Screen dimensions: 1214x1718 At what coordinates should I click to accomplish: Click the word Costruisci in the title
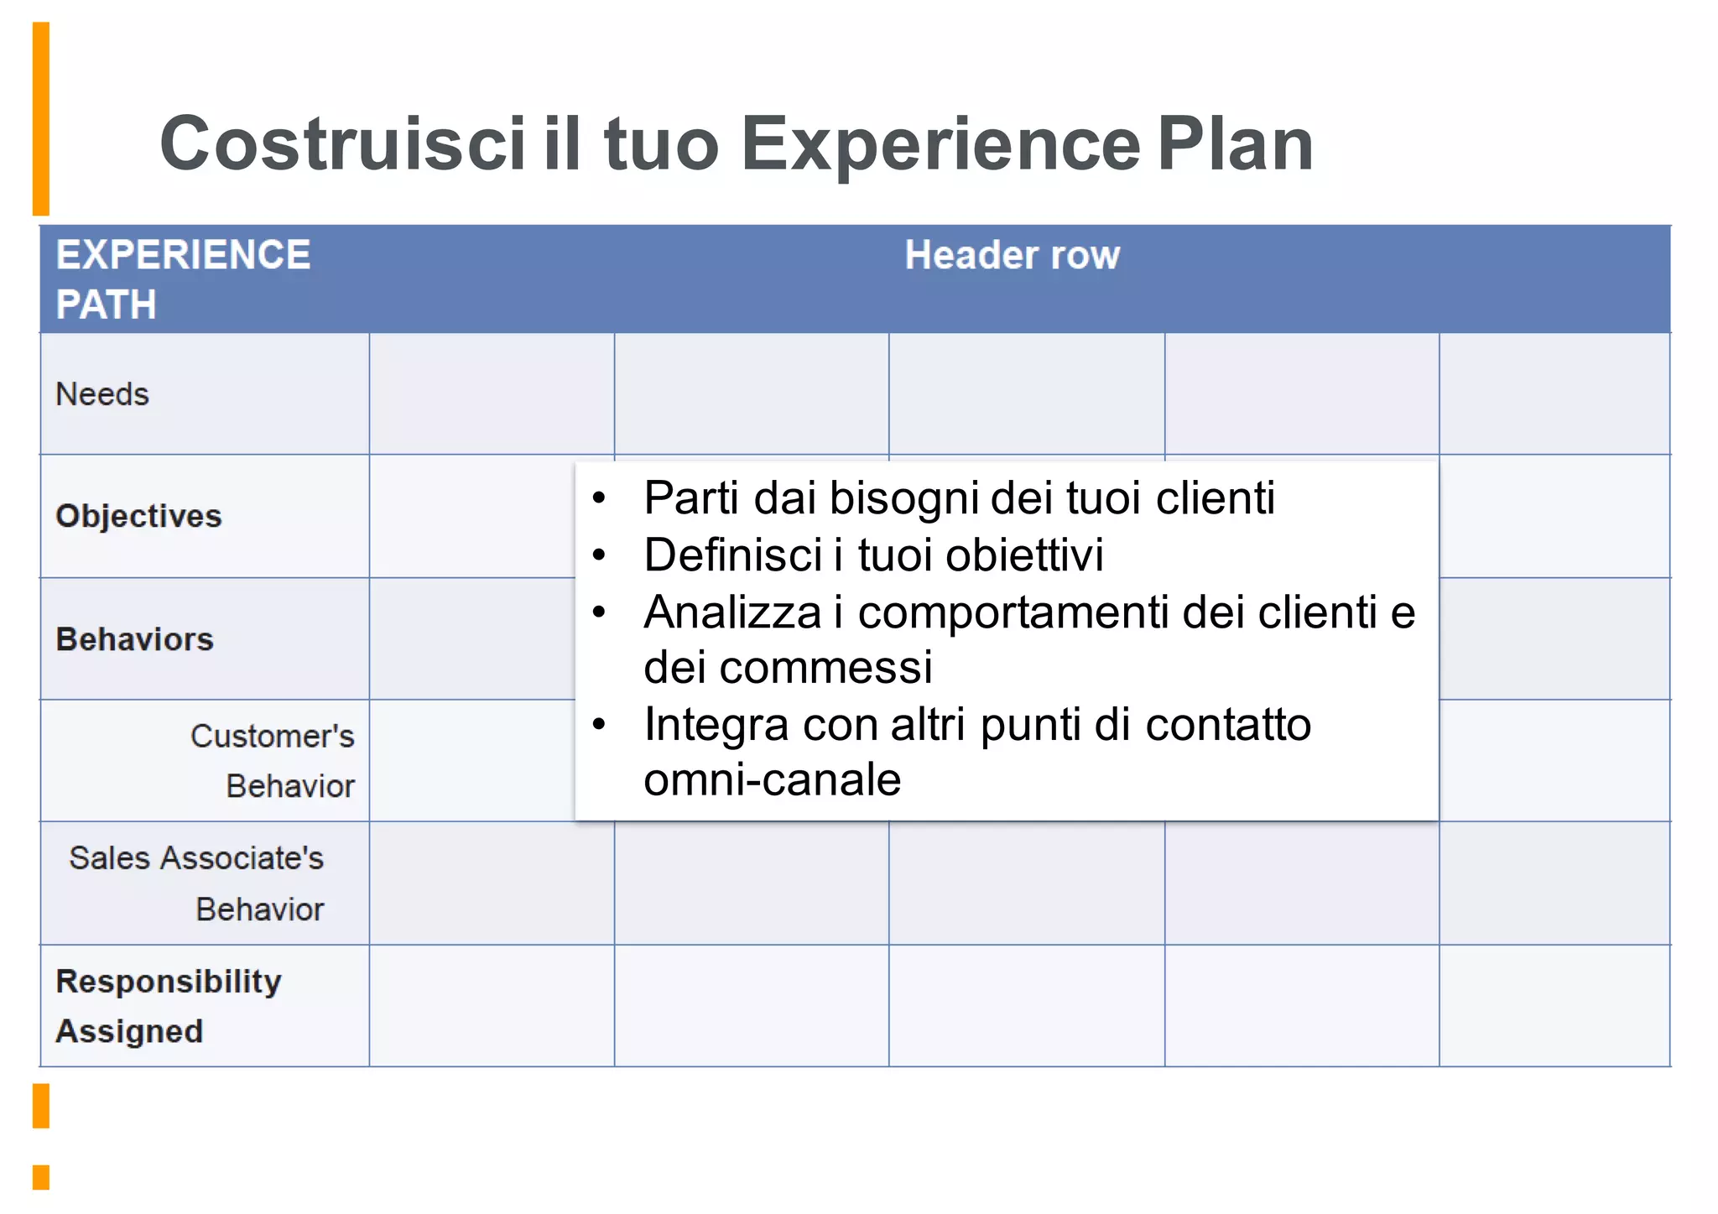tap(342, 144)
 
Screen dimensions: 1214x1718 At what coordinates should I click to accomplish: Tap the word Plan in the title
tap(1235, 144)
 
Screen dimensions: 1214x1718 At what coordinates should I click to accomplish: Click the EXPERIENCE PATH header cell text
tap(183, 279)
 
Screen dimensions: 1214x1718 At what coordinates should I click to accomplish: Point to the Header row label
tap(1012, 255)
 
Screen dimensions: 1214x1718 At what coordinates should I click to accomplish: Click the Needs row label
tap(102, 394)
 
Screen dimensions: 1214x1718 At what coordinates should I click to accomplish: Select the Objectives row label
tap(138, 516)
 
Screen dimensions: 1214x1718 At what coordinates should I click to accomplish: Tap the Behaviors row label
tap(134, 639)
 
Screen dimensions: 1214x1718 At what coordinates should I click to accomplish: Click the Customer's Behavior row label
tap(273, 761)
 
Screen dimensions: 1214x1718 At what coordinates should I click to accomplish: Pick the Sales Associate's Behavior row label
tap(197, 883)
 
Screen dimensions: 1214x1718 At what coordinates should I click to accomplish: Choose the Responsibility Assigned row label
tap(168, 1006)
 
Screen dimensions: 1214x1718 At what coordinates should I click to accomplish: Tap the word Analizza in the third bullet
tap(732, 612)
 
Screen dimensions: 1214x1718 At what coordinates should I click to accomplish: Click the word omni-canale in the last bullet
tap(772, 780)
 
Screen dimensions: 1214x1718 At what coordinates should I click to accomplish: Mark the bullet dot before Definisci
tap(598, 555)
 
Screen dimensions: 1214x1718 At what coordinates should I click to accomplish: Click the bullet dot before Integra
tap(598, 725)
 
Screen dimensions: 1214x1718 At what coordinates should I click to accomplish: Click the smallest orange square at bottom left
tap(40, 1177)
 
